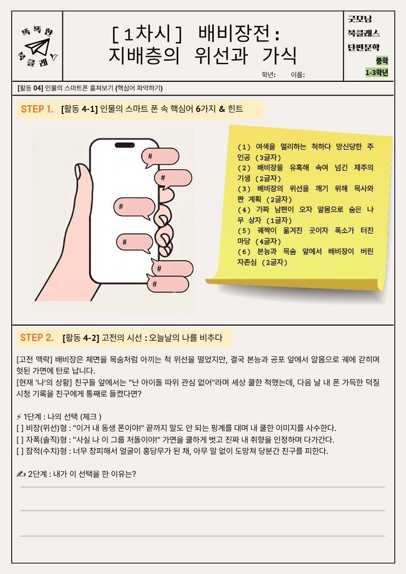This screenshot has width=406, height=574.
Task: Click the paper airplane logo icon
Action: click(37, 47)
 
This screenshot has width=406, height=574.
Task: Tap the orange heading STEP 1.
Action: click(37, 109)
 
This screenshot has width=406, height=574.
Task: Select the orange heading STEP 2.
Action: click(37, 337)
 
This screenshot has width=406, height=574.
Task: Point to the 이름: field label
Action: click(298, 75)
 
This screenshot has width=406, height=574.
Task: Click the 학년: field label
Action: click(268, 75)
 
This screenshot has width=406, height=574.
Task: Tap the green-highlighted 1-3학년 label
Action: click(376, 73)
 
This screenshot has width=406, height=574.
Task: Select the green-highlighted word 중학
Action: click(381, 60)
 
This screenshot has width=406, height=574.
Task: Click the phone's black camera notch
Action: click(125, 145)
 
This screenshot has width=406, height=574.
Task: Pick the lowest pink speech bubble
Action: click(168, 284)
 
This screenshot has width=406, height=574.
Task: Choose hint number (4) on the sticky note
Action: click(305, 215)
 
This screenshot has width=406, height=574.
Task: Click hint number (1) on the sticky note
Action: click(305, 152)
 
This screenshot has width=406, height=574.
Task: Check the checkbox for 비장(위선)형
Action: click(20, 428)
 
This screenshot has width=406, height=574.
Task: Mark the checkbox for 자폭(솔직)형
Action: click(20, 440)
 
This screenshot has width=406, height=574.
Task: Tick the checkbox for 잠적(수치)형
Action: click(20, 451)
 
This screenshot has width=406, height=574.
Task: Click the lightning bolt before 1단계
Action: click(19, 417)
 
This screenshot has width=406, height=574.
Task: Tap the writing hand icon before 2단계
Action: click(21, 474)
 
